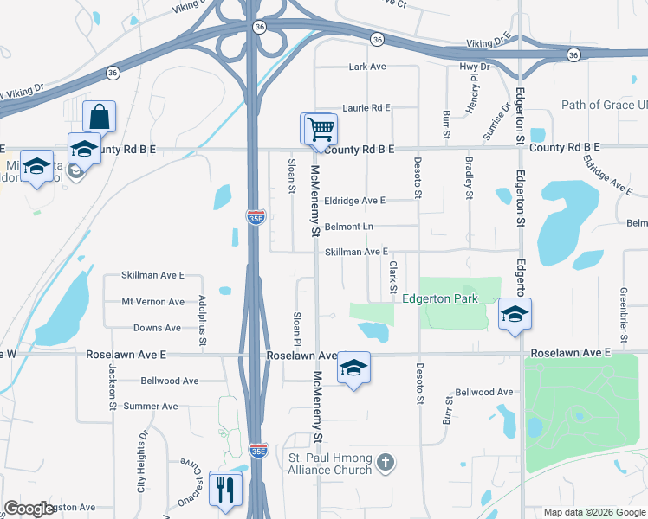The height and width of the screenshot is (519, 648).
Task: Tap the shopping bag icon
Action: coord(100,116)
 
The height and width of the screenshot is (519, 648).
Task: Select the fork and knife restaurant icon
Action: coord(226,490)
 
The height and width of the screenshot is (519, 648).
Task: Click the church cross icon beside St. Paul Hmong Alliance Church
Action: coord(386,464)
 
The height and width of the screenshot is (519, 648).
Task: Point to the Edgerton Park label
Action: coord(440,299)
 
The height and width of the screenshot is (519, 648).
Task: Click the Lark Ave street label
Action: coord(366,67)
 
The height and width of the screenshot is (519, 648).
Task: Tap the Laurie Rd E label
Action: coord(366,108)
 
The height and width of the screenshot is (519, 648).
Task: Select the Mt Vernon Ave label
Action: coord(152,302)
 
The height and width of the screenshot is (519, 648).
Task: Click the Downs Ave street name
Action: coord(157,328)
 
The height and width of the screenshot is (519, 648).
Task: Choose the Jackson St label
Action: coord(113,381)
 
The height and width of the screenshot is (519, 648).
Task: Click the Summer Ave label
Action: coord(151,406)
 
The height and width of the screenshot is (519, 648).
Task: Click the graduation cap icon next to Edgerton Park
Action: coord(515,313)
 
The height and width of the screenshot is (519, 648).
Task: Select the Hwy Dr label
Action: coord(475,67)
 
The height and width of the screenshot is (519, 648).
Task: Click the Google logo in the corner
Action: coord(29,509)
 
